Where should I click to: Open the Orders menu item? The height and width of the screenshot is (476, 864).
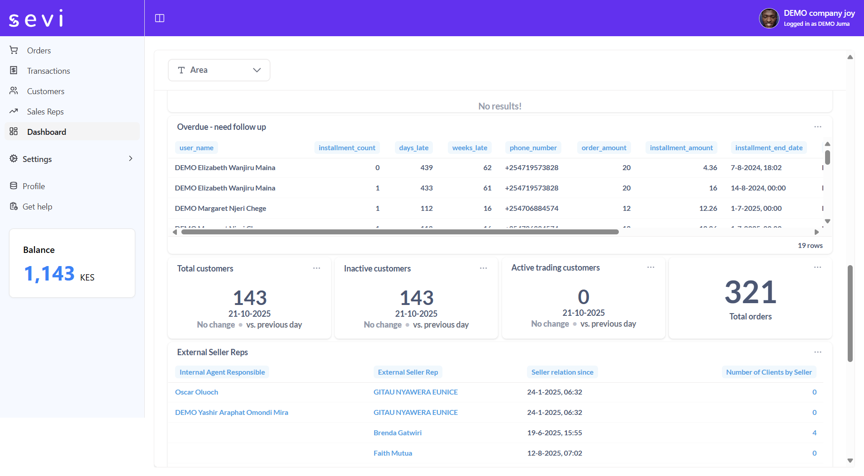coord(38,51)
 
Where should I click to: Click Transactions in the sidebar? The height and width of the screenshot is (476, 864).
coord(48,71)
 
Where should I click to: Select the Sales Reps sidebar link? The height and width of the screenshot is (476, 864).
coord(45,112)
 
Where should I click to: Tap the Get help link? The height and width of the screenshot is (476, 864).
coord(37,207)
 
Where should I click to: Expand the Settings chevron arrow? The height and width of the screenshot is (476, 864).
coord(131,159)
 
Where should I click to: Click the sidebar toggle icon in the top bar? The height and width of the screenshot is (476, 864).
coord(160,18)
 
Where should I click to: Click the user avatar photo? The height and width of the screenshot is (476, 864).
coord(769,19)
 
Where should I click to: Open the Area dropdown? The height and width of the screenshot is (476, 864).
coord(219,70)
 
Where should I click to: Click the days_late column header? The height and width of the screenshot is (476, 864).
coord(413,148)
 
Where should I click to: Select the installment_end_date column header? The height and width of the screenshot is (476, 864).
coord(769,148)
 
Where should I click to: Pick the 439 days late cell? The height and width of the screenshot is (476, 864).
coord(426,168)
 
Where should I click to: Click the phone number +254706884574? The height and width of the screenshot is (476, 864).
coord(532,209)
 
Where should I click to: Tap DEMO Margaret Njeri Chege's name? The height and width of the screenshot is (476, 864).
coord(220,209)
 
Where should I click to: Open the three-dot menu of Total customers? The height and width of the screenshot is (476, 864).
coord(317,268)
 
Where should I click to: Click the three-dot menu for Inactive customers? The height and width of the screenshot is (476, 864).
coord(484,268)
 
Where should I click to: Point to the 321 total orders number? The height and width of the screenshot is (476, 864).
coord(750,292)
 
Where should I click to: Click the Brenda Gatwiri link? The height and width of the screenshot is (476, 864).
coord(397,433)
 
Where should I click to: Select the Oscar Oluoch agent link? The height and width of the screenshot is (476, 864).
coord(196,392)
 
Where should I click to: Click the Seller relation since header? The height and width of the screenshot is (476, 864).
coord(562,372)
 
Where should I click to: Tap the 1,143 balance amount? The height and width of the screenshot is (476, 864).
coord(49,274)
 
